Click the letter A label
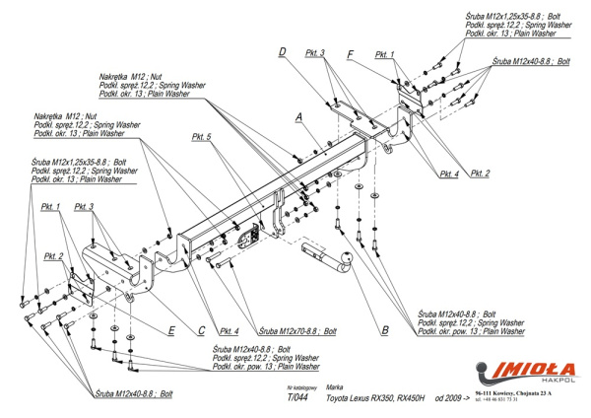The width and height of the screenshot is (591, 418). [297, 116]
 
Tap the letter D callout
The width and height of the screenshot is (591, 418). [282, 51]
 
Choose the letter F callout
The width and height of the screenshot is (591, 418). [351, 54]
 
